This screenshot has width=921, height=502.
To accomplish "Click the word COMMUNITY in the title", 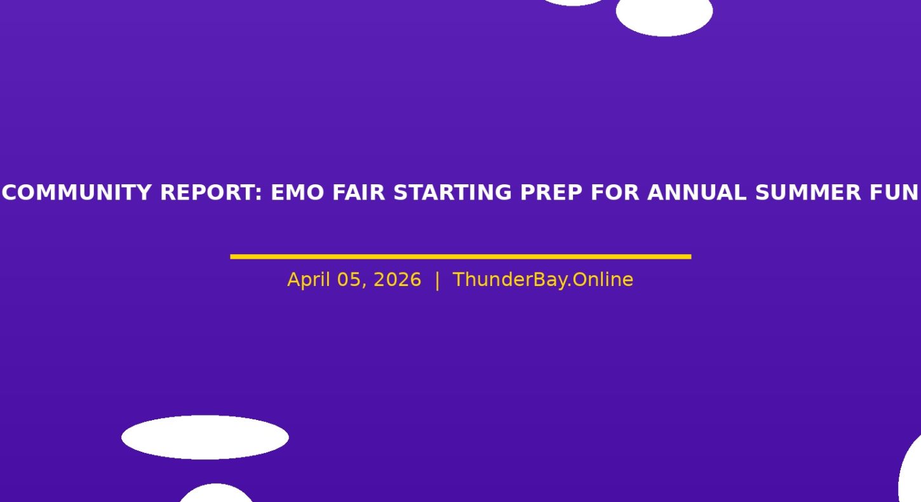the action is coord(77,193).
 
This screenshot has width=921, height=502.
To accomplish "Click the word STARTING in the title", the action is coord(453,193).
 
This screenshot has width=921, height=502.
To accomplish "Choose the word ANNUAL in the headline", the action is coord(697,193).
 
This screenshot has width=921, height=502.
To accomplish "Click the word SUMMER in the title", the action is coord(808,193).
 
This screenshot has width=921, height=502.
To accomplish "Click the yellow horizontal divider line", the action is coord(460,257).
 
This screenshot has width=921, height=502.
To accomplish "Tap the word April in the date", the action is coord(308,280).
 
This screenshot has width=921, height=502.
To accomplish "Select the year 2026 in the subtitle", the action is coord(397,280).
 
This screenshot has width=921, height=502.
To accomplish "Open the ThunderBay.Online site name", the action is coord(542,280).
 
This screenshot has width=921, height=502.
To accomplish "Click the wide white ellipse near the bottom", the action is coord(205,437).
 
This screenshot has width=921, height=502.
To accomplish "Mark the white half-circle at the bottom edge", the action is coord(216,494).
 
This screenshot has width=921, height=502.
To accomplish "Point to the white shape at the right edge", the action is coord(911,473).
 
